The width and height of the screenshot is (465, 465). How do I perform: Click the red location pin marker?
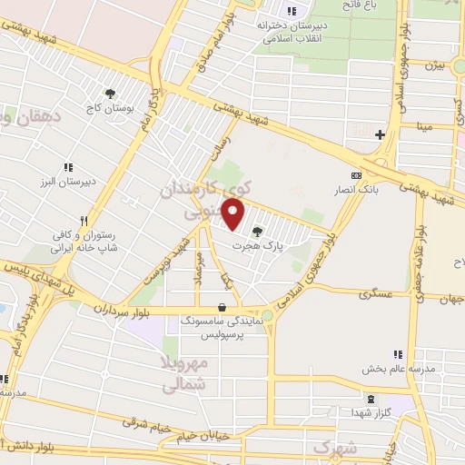click(x=234, y=215)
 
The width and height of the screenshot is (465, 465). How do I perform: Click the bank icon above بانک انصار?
click(x=355, y=175)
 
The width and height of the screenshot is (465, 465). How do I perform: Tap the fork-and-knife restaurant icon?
click(x=84, y=220)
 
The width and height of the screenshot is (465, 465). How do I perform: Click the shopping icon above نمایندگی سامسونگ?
click(x=223, y=306)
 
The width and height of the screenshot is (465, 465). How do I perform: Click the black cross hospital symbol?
click(x=380, y=135)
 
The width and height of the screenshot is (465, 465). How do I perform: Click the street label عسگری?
click(x=375, y=294)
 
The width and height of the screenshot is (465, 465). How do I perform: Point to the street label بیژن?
click(x=437, y=65)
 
